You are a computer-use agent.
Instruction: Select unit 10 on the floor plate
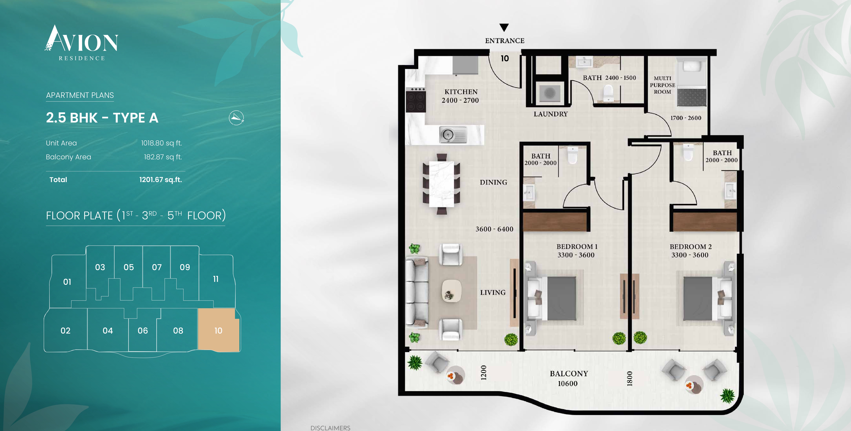218,330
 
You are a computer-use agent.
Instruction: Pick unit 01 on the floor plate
67,282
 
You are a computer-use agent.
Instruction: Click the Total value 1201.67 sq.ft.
161,179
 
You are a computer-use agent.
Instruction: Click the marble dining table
441,184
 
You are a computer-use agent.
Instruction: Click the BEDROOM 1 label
577,247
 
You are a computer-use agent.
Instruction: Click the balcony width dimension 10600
567,383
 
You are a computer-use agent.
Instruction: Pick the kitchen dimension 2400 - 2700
460,100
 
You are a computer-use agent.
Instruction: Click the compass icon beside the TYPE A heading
236,118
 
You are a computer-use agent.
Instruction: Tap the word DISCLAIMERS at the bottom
330,428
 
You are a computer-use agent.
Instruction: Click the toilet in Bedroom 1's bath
572,156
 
